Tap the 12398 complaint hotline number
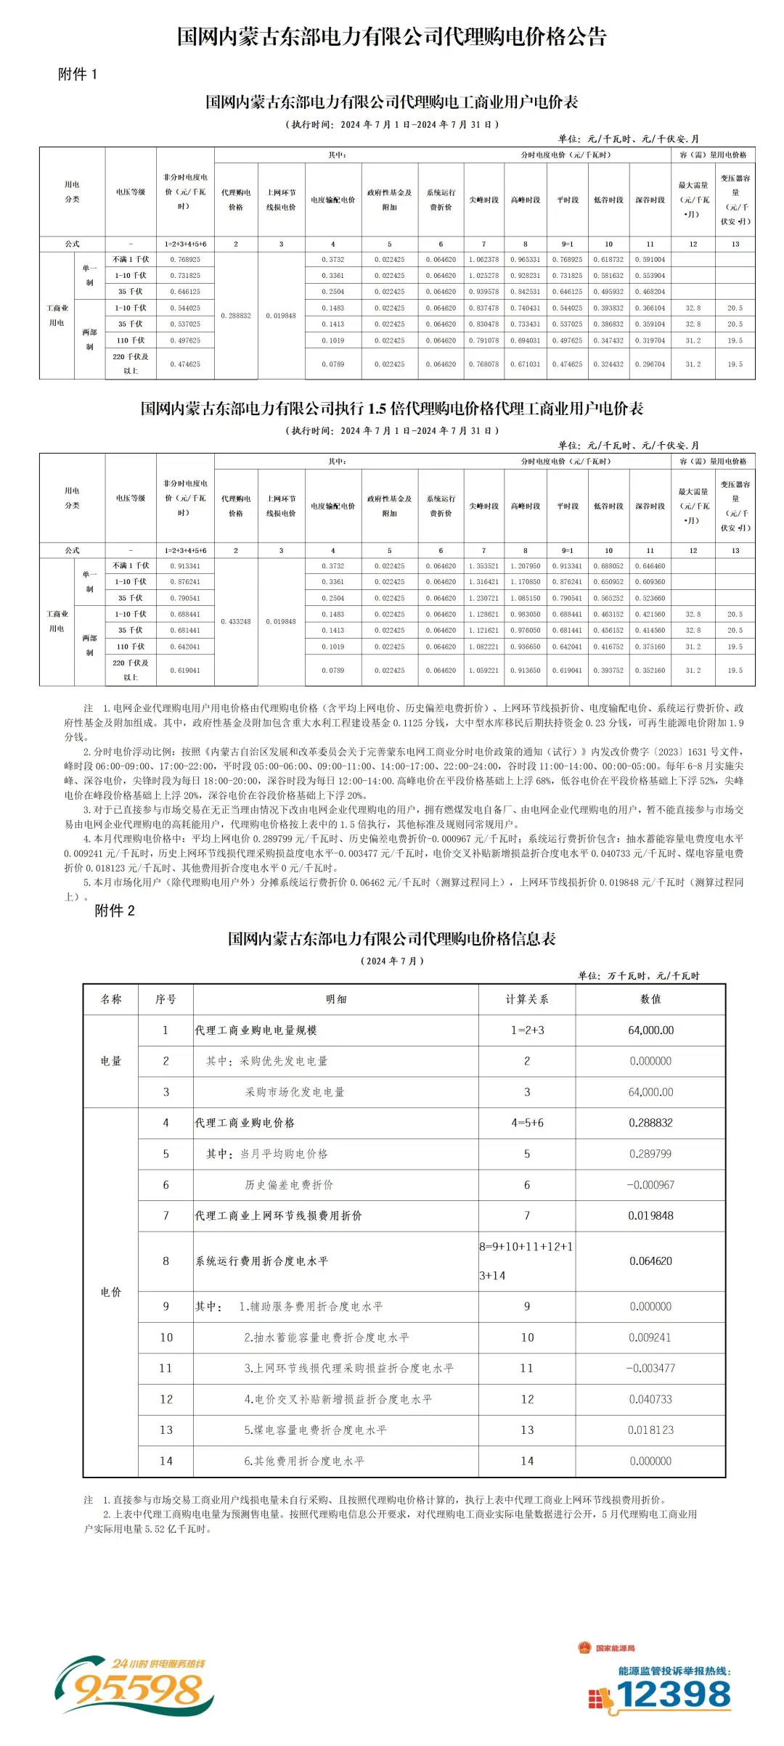(673, 1695)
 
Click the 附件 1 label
(78, 74)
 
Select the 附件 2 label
(115, 911)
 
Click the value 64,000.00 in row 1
(650, 1030)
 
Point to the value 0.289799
(650, 1153)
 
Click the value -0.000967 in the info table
(650, 1184)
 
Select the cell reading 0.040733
(650, 1398)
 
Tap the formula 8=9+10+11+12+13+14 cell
(526, 1261)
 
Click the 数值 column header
(650, 999)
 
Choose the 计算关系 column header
(526, 999)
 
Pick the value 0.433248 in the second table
(236, 621)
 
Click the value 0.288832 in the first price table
(236, 316)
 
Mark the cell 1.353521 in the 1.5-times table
(483, 565)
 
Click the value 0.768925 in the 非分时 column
(185, 259)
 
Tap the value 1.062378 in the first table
(483, 259)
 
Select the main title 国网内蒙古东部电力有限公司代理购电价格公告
(392, 36)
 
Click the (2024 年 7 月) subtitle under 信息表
(392, 960)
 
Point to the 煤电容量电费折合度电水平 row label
(315, 1430)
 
